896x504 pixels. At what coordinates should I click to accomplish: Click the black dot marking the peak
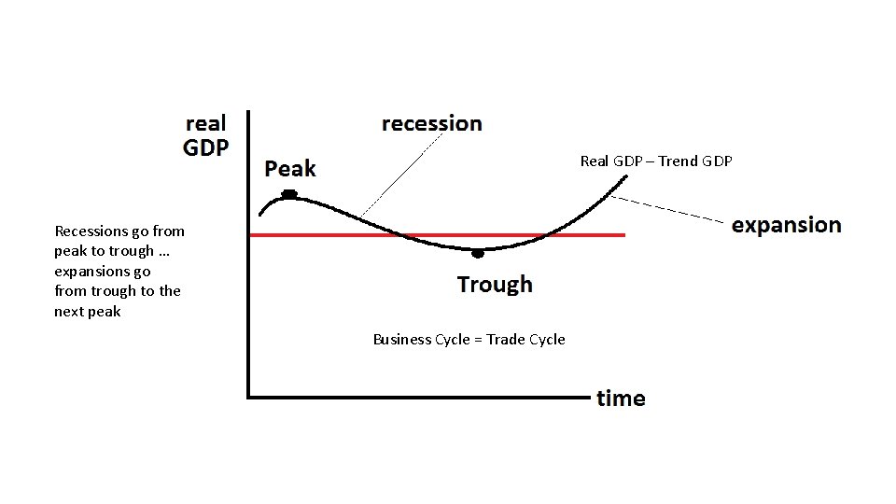click(x=289, y=194)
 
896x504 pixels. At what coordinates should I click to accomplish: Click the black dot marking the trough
click(x=478, y=252)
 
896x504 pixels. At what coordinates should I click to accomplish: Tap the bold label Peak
click(x=290, y=169)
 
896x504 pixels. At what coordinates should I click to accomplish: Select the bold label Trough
click(x=495, y=284)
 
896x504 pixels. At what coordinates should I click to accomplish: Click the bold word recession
click(x=432, y=123)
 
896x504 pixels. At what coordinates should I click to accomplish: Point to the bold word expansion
click(x=786, y=225)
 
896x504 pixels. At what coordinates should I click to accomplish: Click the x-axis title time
click(x=621, y=399)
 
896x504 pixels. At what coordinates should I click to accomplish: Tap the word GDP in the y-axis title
click(x=205, y=147)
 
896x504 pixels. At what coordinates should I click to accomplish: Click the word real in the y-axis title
click(x=206, y=123)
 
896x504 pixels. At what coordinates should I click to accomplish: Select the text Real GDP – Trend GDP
click(x=656, y=161)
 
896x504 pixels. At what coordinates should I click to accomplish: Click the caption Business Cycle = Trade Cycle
click(x=469, y=340)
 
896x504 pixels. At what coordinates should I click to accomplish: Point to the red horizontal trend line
click(x=579, y=235)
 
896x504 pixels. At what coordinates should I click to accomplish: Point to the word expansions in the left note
click(x=91, y=272)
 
